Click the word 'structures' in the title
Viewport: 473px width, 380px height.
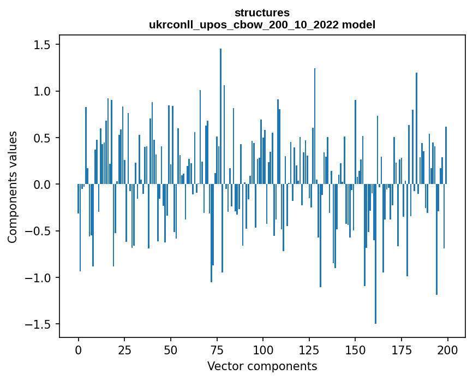pos(262,12)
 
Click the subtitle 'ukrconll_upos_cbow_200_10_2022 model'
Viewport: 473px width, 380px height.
pos(262,25)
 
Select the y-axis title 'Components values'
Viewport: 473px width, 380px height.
pos(12,187)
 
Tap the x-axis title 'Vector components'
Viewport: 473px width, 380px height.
pos(262,366)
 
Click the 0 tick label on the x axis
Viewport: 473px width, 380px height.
pos(78,349)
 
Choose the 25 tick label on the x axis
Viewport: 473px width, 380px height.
pos(124,349)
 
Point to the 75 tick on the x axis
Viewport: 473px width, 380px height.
pos(217,349)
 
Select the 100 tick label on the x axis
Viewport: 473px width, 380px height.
pos(263,349)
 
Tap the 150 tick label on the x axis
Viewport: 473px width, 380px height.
pos(355,349)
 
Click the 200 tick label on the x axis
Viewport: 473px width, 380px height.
pos(447,349)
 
